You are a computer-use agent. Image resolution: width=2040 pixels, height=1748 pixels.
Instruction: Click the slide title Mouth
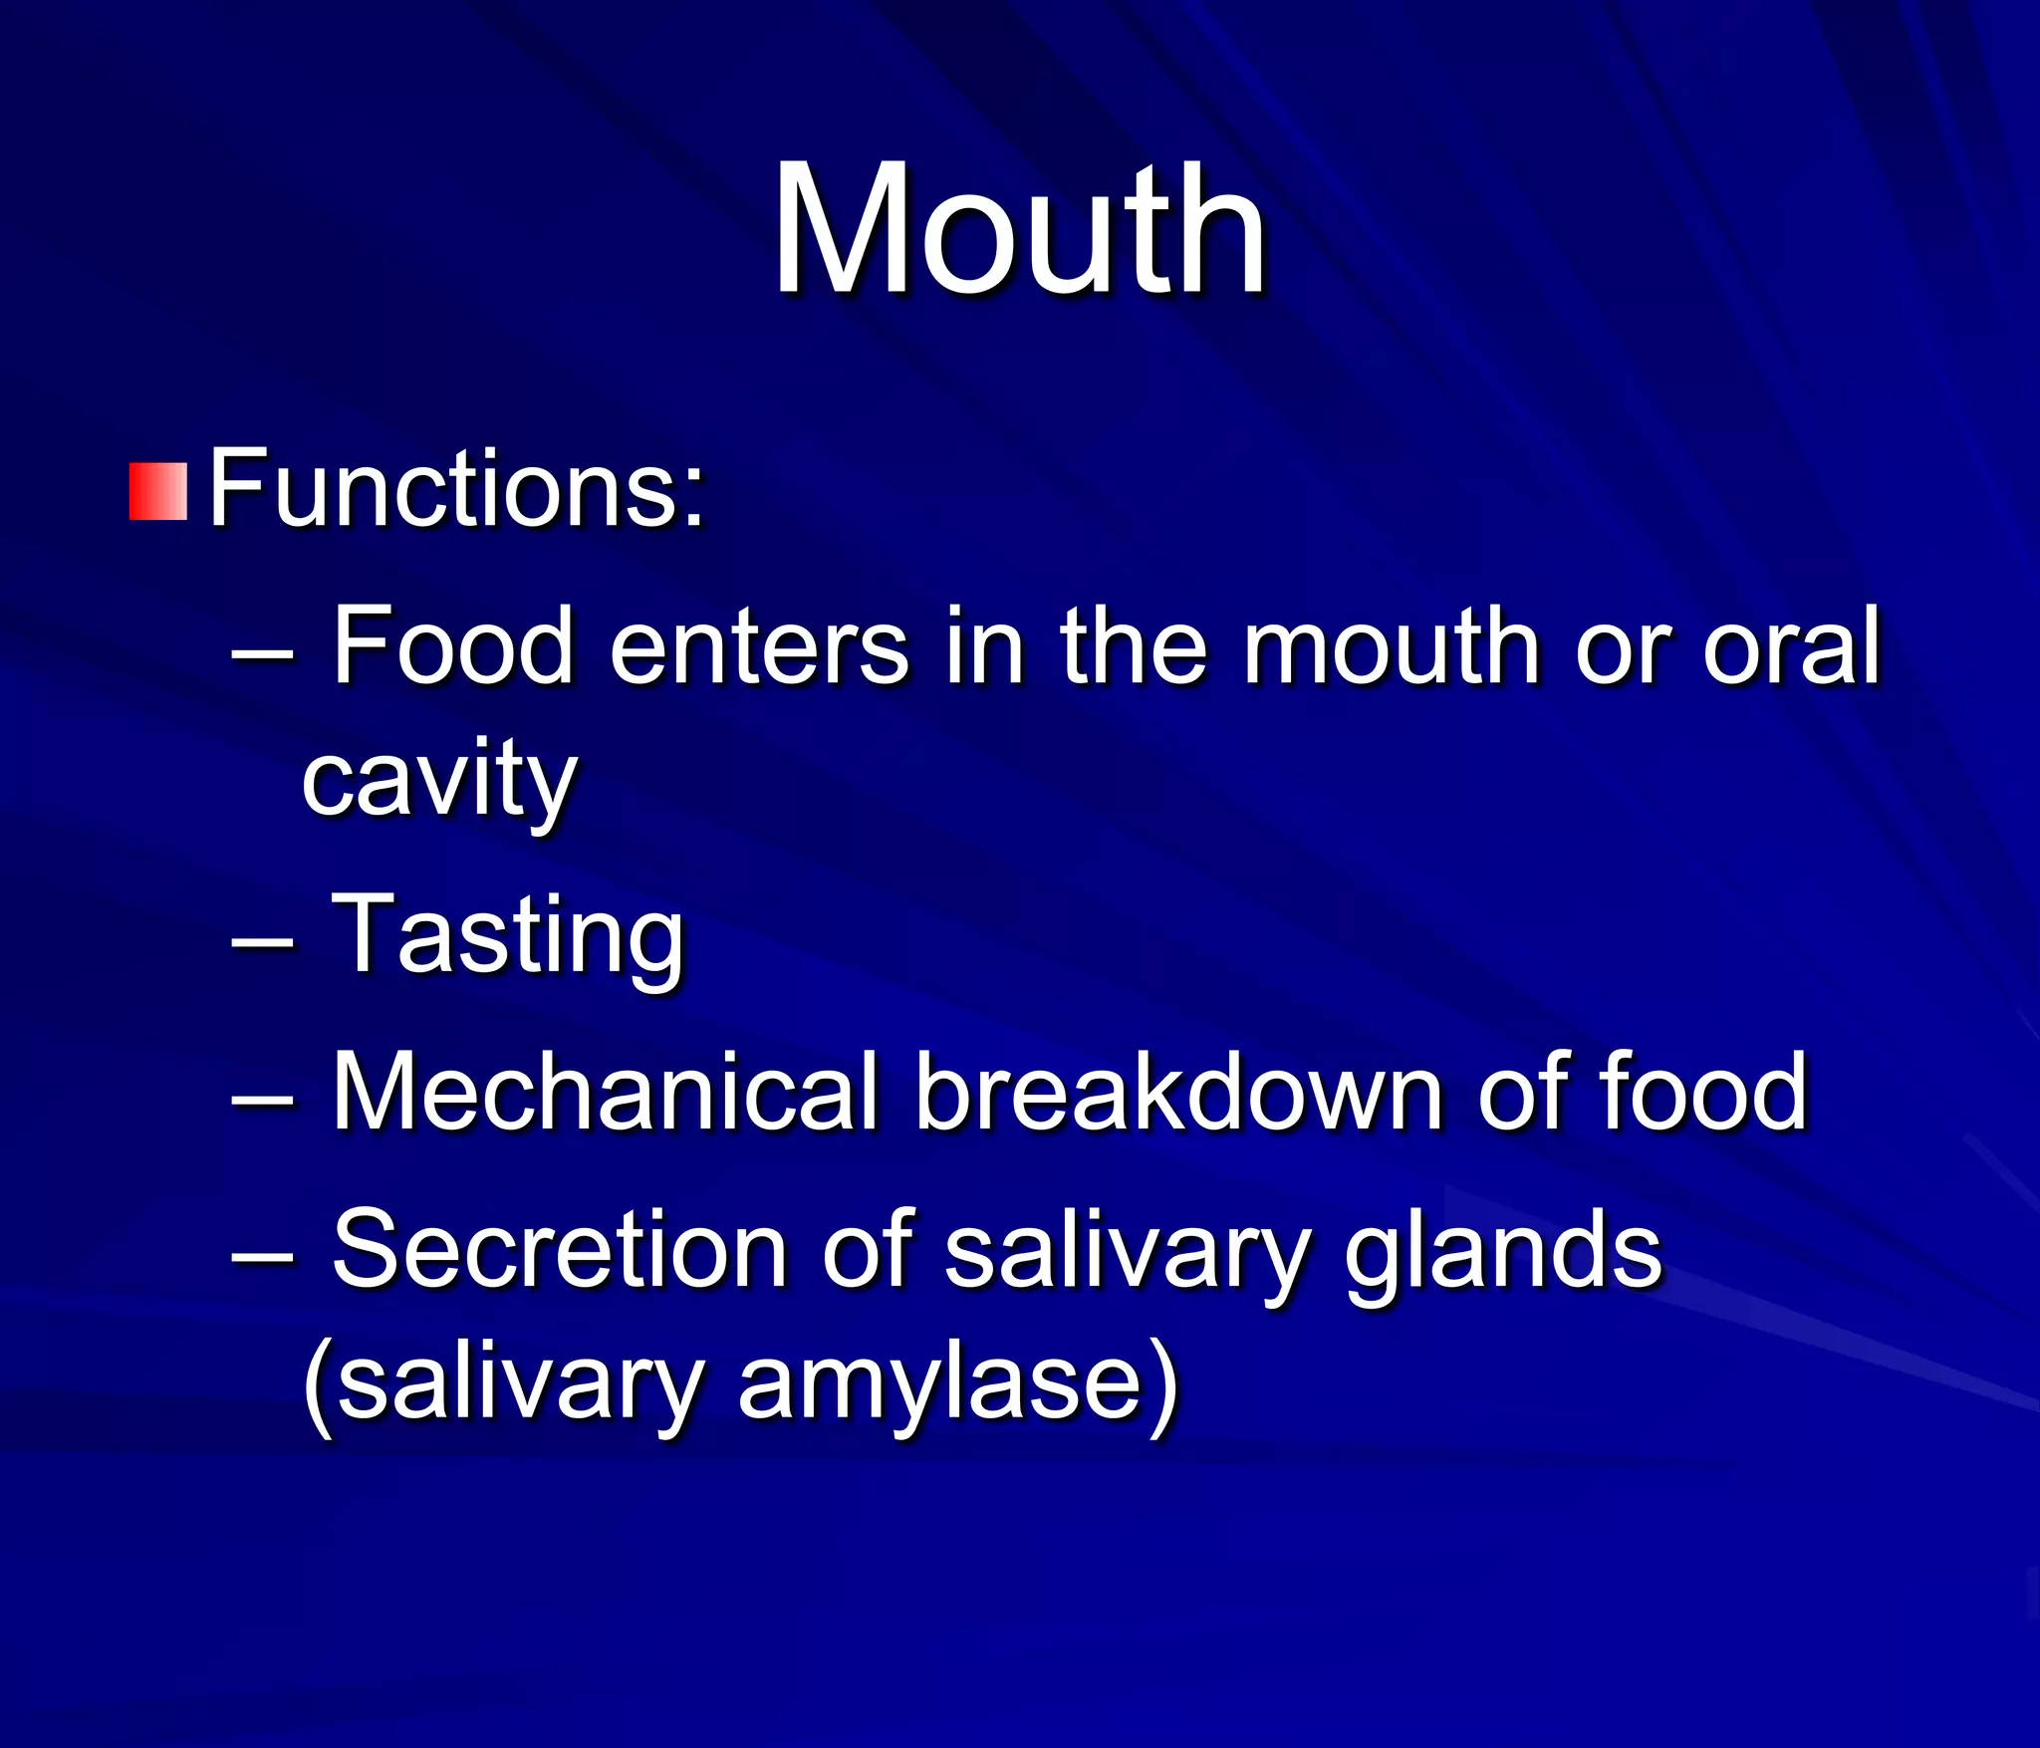[1020, 231]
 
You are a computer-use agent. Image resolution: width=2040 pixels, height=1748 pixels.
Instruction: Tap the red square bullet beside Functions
[157, 491]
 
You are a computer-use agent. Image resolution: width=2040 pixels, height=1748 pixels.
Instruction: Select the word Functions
[456, 489]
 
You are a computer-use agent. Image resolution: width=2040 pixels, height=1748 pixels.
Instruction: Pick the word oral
[1791, 647]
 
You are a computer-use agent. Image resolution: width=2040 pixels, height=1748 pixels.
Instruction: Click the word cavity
[438, 780]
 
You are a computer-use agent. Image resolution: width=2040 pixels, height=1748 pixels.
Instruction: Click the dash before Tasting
[262, 939]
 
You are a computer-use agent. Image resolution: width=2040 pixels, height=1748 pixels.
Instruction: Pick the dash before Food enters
[262, 652]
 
